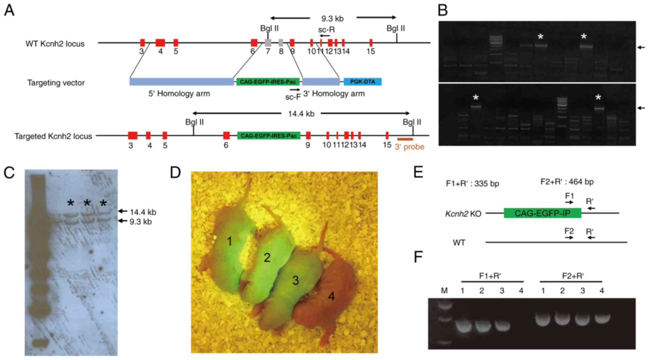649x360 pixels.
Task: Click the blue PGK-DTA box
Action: tap(363, 82)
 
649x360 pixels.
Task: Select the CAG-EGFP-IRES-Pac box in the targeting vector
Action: tap(268, 82)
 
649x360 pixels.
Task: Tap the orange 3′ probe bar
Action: tap(405, 139)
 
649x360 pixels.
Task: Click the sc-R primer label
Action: tap(326, 30)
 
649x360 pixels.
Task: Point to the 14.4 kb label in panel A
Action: tap(301, 114)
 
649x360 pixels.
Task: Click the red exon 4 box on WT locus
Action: tap(160, 43)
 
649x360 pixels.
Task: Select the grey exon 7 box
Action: tap(268, 43)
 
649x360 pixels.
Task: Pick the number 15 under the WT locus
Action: tap(370, 51)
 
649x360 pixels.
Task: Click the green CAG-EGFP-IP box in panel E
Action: tap(542, 213)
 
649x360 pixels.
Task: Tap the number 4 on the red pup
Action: tap(332, 296)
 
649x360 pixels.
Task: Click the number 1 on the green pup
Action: tap(229, 242)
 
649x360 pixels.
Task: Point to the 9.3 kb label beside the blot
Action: tap(141, 221)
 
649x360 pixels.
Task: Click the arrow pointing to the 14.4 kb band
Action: tap(123, 211)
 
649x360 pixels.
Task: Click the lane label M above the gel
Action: tap(444, 290)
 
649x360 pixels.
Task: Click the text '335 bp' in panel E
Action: tap(487, 184)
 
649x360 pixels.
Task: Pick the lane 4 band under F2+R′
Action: tap(602, 318)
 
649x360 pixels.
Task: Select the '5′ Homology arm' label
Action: tap(179, 94)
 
